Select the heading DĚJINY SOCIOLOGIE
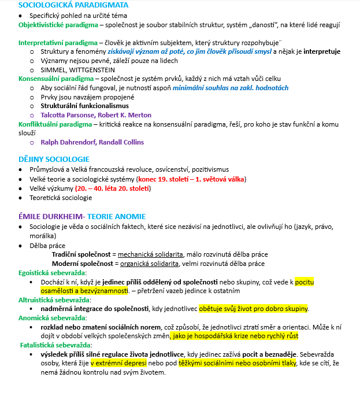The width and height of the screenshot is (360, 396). pos(54,159)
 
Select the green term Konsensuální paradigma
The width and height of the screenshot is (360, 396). pos(56,78)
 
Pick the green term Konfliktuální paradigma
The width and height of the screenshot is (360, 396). pos(55,124)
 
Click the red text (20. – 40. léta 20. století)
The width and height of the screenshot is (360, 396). pos(110,188)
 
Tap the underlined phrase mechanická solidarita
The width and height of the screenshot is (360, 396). pos(151,254)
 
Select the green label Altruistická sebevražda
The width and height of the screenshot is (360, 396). pos(53,299)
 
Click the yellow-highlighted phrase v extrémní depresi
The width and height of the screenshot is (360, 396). pos(118,363)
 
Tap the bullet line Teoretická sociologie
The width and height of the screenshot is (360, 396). pos(61,197)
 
